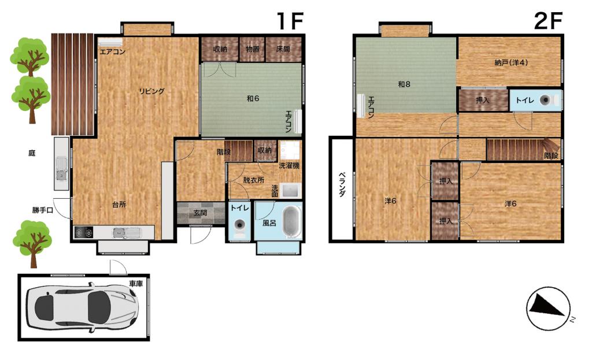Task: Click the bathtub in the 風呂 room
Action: click(x=292, y=222)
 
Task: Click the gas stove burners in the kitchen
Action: click(x=84, y=232)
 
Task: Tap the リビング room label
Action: click(x=151, y=91)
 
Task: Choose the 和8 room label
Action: click(x=404, y=84)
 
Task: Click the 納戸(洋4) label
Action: click(x=511, y=62)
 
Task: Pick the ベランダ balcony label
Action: click(x=342, y=184)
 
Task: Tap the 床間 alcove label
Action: click(x=283, y=49)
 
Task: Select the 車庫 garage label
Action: click(x=136, y=283)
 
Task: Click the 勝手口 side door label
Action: click(x=42, y=210)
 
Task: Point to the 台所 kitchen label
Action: click(x=119, y=205)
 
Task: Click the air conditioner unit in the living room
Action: click(x=110, y=42)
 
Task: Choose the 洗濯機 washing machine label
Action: click(x=289, y=165)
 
